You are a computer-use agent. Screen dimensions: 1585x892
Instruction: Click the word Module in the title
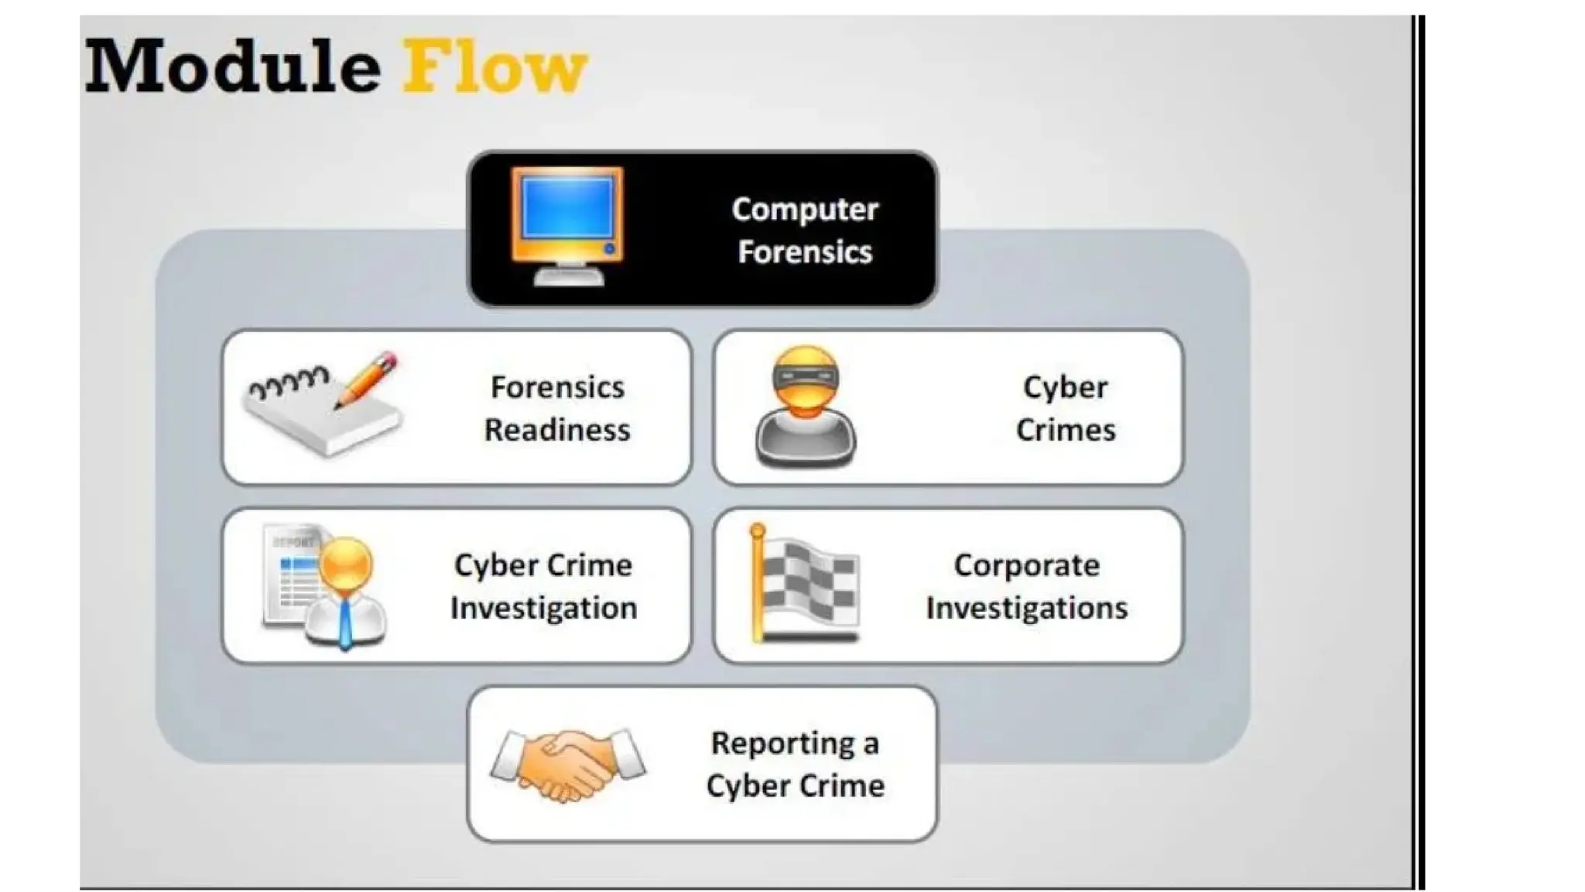232,67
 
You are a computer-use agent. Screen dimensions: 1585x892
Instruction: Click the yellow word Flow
495,67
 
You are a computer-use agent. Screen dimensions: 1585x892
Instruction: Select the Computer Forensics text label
805,231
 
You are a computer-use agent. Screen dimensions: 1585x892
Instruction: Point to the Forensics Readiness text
557,408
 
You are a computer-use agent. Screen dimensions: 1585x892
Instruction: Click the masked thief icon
806,407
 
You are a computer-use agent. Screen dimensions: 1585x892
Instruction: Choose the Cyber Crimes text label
1065,408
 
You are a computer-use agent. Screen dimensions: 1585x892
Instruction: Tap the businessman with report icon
325,586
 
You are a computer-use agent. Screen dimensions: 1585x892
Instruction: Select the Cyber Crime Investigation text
543,586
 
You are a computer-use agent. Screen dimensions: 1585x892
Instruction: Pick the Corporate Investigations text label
1026,586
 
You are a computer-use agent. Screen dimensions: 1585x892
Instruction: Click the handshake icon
568,763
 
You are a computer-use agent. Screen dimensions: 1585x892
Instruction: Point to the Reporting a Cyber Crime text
796,764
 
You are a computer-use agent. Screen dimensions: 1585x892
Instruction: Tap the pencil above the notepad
367,379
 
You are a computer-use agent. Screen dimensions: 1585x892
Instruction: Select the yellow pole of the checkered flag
758,585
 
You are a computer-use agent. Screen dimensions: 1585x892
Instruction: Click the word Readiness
557,430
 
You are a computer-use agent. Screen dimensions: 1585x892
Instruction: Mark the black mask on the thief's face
805,378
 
